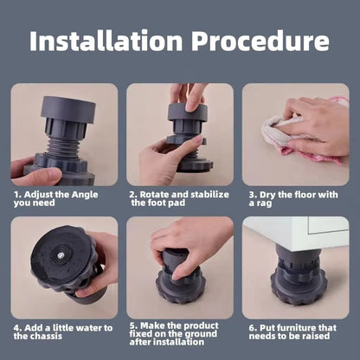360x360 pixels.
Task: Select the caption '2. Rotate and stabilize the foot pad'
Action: point(176,199)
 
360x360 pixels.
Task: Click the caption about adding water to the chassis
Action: point(62,332)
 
